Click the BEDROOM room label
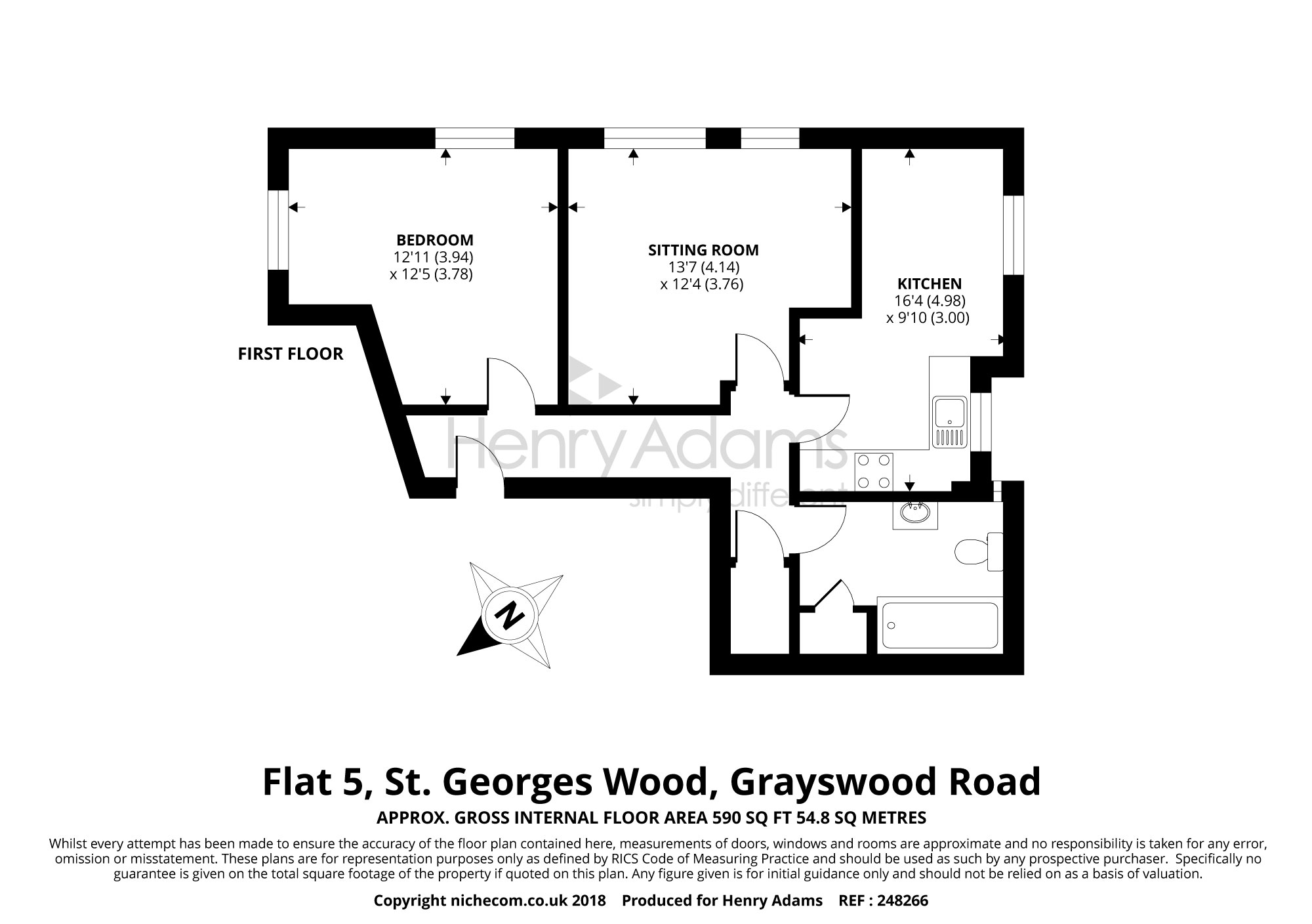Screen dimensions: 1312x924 click(434, 240)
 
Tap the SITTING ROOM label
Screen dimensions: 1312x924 click(703, 250)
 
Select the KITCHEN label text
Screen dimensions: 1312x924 click(930, 284)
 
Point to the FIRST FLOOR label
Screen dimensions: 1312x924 click(290, 354)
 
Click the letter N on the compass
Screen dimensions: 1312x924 click(510, 616)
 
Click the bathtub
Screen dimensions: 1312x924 click(939, 625)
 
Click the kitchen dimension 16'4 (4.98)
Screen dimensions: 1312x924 click(930, 301)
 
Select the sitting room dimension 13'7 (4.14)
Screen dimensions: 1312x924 click(703, 267)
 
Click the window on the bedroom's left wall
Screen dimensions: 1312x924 click(279, 230)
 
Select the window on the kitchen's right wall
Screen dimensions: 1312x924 click(1014, 235)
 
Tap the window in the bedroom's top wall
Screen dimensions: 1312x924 click(474, 138)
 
